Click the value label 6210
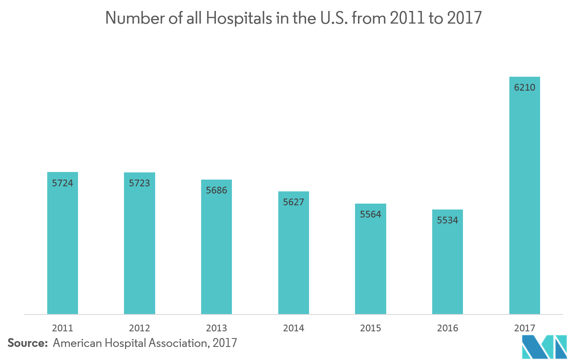click(x=525, y=88)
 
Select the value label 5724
click(x=62, y=183)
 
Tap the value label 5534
click(x=447, y=220)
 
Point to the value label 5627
click(x=293, y=202)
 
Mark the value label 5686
click(x=216, y=190)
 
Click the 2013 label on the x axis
click(x=216, y=328)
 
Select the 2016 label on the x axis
click(x=447, y=328)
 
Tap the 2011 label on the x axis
click(x=62, y=328)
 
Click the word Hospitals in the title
click(x=239, y=18)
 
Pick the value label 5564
click(x=371, y=214)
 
